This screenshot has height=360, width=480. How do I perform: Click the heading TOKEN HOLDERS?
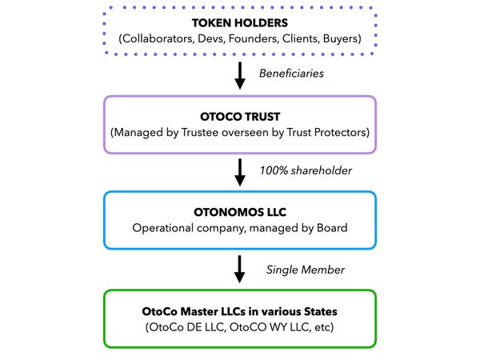(x=239, y=22)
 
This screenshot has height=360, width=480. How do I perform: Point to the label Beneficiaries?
(x=291, y=73)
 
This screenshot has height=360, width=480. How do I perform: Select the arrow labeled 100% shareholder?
(x=239, y=170)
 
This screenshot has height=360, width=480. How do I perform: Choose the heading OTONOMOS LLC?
(x=239, y=213)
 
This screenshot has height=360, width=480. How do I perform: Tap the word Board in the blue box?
(x=328, y=228)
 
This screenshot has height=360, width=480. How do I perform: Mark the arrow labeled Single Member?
(x=239, y=267)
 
